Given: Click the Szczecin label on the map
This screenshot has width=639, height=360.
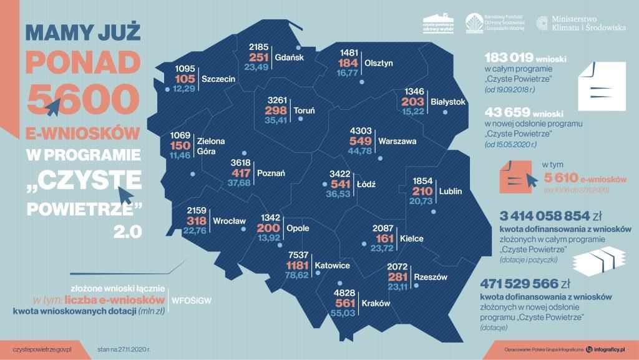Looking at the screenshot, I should click(x=218, y=79).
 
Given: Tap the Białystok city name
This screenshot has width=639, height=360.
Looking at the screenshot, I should click(x=448, y=101).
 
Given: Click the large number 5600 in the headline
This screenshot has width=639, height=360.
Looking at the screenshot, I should click(x=82, y=99).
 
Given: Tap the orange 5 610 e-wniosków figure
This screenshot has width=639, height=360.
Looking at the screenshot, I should click(x=583, y=178).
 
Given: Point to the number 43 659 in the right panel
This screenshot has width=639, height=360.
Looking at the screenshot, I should click(x=504, y=113).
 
